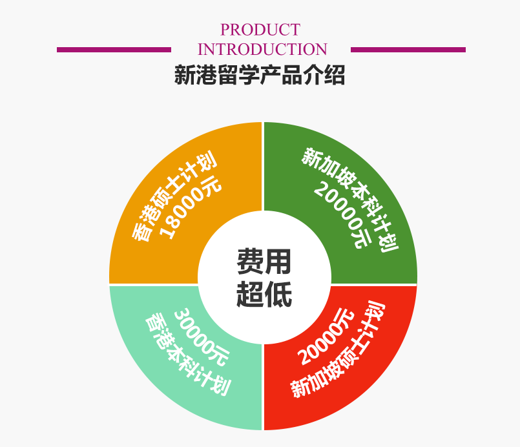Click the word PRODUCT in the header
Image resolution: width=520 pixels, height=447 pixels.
point(260,30)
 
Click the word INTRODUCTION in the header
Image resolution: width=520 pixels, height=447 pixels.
point(262,50)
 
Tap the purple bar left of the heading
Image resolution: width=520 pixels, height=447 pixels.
point(114,50)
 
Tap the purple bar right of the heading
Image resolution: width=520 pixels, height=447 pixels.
point(408,50)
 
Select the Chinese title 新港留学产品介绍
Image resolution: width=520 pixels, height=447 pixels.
point(260,76)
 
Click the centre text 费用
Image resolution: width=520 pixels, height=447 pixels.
point(264,262)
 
